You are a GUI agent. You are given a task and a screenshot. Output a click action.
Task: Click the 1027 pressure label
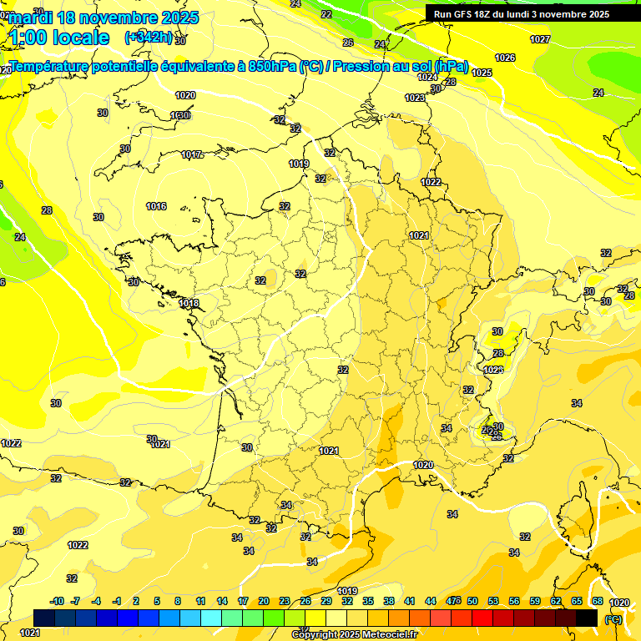(x=540, y=39)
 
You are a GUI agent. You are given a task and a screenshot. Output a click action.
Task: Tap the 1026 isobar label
(x=505, y=58)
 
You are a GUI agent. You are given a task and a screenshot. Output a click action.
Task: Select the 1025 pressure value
(x=482, y=73)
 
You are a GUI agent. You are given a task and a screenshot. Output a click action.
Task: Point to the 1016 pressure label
(x=156, y=206)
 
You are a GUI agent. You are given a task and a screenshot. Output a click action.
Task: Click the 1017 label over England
(x=192, y=154)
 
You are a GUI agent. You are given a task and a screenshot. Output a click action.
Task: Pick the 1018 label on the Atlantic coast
(x=189, y=303)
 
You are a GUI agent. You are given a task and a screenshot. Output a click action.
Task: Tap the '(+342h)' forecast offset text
(x=149, y=37)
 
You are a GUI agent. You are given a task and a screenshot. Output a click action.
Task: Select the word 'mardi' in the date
(x=31, y=18)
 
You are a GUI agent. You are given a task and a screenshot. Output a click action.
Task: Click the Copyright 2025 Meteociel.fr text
(x=353, y=634)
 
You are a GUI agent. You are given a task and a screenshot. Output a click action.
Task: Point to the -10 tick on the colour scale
(x=57, y=601)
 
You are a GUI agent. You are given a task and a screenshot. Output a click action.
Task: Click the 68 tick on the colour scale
(x=598, y=601)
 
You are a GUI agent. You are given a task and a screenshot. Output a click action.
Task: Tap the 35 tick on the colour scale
(x=368, y=601)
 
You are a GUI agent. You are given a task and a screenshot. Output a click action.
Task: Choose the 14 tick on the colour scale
(x=222, y=601)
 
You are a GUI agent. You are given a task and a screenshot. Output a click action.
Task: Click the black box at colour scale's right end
(x=587, y=617)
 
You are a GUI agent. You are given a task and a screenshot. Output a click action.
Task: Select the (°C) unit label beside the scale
(x=613, y=618)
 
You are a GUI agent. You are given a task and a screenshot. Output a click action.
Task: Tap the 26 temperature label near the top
(x=348, y=43)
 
